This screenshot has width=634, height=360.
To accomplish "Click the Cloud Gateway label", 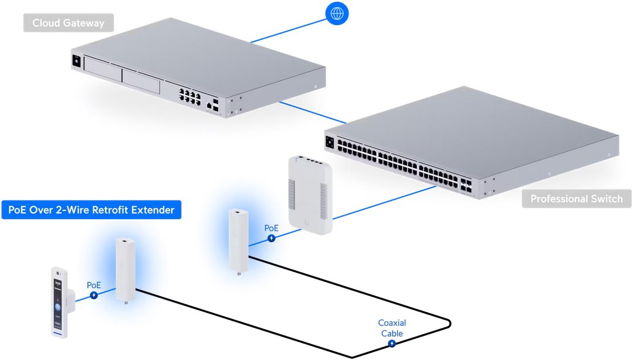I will pyautogui.click(x=68, y=23).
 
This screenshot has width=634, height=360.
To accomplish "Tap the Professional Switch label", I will pyautogui.click(x=576, y=199).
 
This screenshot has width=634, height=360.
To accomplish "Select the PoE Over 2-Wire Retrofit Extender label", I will pyautogui.click(x=91, y=210).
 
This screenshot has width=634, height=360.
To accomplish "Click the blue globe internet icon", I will pyautogui.click(x=337, y=13).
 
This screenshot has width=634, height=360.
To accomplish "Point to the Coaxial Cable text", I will pyautogui.click(x=392, y=328).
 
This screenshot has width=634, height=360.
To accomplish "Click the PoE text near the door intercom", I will pyautogui.click(x=94, y=285).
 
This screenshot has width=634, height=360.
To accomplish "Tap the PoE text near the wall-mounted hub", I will pyautogui.click(x=271, y=228).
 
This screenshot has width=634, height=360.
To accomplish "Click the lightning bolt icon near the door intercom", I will pyautogui.click(x=93, y=294).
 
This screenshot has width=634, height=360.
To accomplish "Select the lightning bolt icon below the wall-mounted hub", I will pyautogui.click(x=272, y=238).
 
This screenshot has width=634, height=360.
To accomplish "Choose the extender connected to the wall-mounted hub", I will pyautogui.click(x=238, y=241).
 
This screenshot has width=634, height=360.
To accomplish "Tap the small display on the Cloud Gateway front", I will pyautogui.click(x=76, y=61).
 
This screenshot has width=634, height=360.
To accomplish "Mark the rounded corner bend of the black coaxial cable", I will pyautogui.click(x=448, y=324).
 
